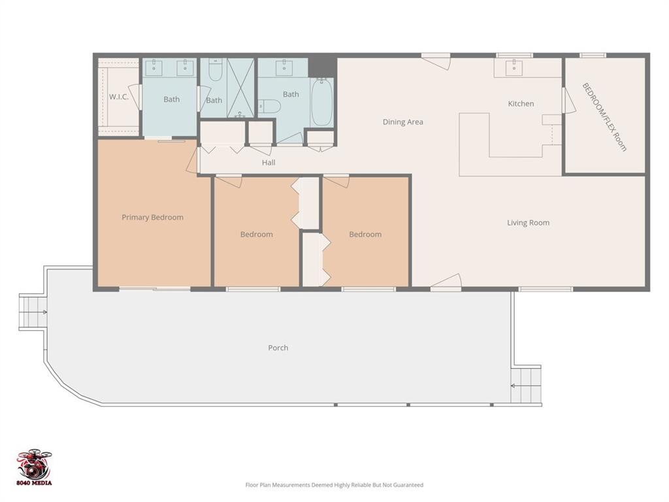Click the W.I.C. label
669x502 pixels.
tap(118, 97)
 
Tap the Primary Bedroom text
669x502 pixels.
tap(152, 217)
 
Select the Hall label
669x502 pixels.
tap(269, 163)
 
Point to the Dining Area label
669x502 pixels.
tap(402, 122)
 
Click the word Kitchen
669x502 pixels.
tap(521, 103)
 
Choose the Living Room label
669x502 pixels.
tap(528, 223)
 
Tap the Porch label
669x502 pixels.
tap(278, 348)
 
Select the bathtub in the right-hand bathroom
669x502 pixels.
tap(321, 102)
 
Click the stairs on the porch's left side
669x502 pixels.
tap(33, 312)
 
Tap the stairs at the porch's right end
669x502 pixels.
tap(526, 386)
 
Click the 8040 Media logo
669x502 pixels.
tap(34, 467)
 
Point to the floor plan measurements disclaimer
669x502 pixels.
tap(334, 485)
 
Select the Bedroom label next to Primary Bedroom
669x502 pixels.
tap(256, 235)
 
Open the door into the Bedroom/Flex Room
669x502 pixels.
tap(568, 101)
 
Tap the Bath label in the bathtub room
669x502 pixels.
tap(291, 94)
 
